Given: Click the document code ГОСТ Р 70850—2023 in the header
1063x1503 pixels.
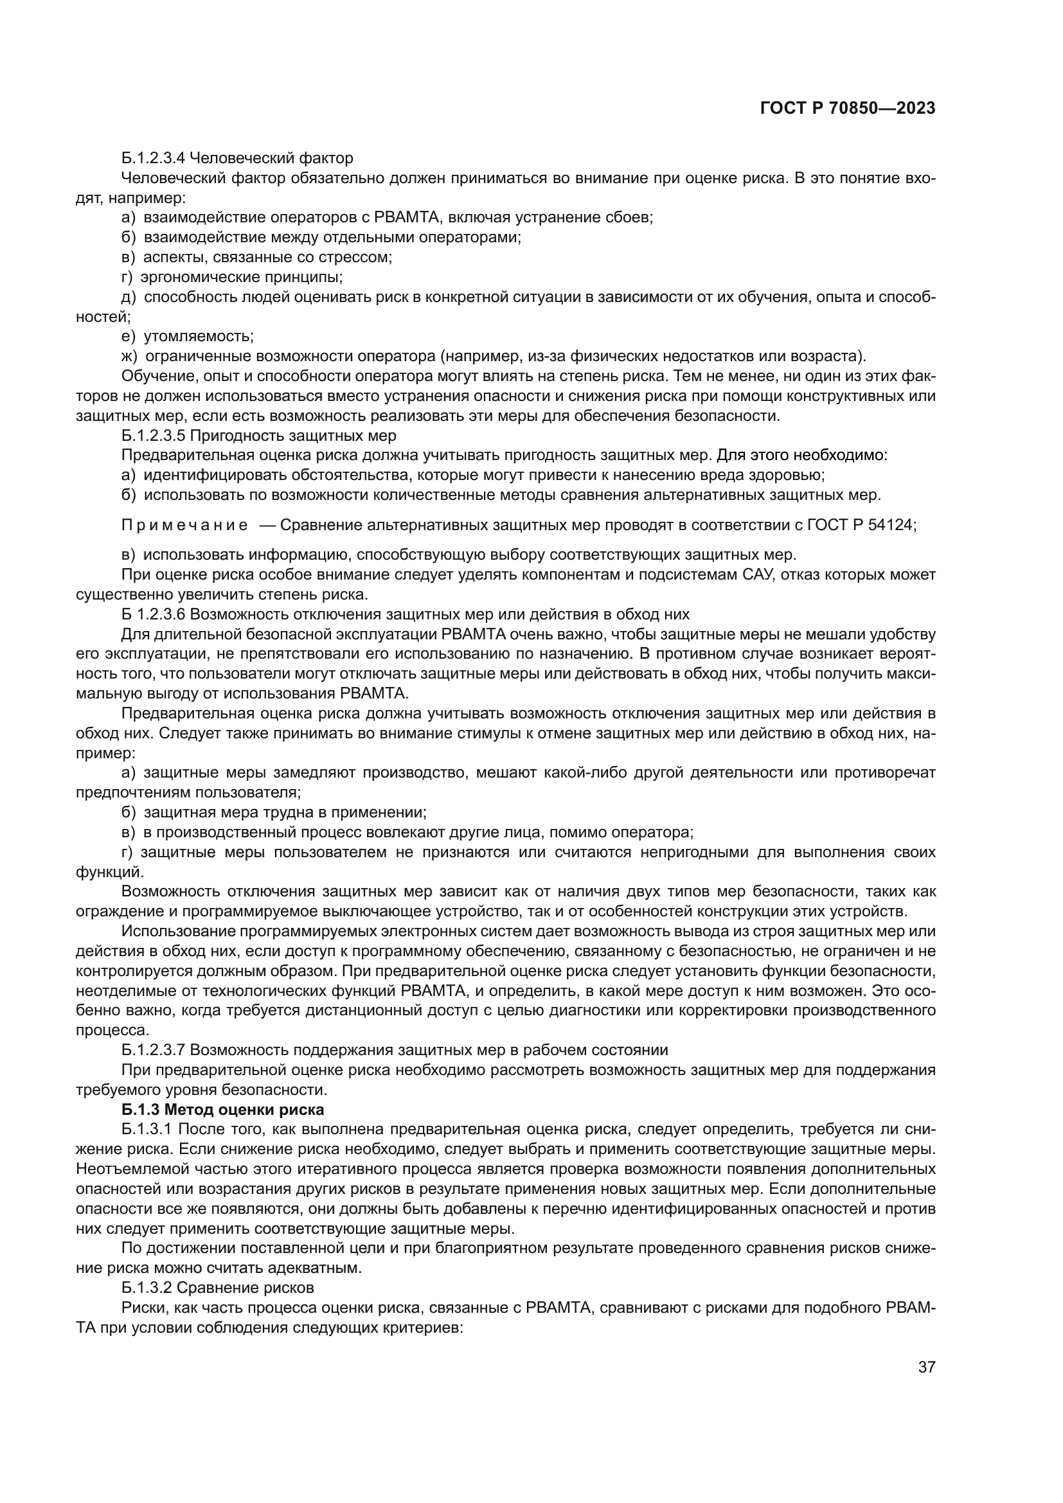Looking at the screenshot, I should (x=847, y=109).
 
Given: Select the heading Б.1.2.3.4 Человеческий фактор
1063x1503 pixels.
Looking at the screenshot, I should (x=237, y=158).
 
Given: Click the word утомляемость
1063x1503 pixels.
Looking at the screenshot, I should (x=198, y=336).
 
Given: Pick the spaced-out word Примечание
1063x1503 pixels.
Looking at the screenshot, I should (x=184, y=525).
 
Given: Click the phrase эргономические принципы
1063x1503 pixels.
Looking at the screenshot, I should (x=241, y=276).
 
